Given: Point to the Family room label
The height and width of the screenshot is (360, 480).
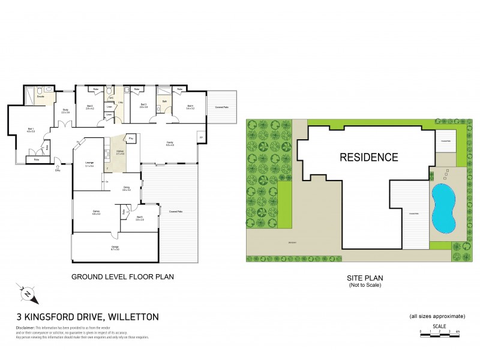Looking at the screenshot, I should click(x=170, y=143).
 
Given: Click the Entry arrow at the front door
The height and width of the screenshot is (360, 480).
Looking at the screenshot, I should click(x=58, y=167).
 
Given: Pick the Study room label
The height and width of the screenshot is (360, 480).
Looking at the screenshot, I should click(x=65, y=111).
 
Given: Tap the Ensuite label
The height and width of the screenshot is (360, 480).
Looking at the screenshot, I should click(x=41, y=97).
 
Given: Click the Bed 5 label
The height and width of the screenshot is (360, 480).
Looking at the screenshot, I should click(x=139, y=218).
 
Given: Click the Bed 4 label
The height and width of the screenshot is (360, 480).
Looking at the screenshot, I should click(x=190, y=107).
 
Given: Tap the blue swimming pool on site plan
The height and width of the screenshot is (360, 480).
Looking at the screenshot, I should click(x=443, y=208).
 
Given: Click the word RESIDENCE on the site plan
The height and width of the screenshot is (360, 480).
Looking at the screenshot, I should click(x=368, y=158).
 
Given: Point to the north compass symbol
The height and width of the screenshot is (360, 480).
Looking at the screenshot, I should click(x=27, y=294).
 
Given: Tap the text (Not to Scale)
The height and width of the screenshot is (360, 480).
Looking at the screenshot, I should click(x=365, y=285).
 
